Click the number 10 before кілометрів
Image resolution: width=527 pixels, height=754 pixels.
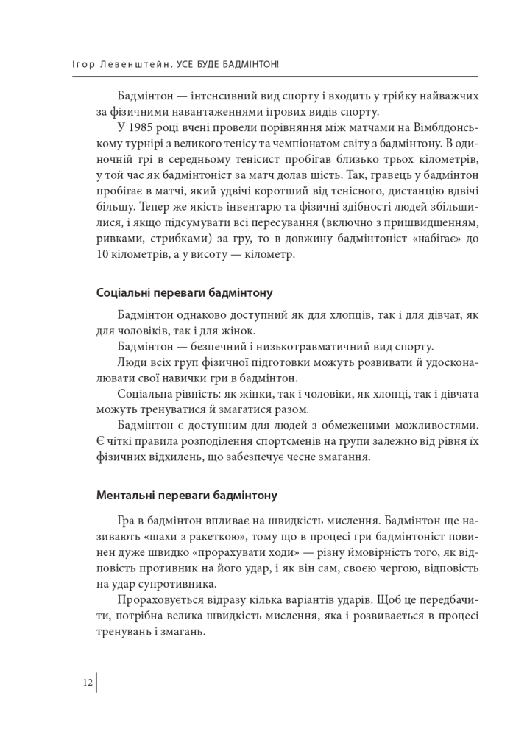click(x=103, y=256)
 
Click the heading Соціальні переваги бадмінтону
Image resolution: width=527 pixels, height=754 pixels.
click(x=185, y=293)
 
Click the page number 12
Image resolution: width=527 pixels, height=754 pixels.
click(x=88, y=683)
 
